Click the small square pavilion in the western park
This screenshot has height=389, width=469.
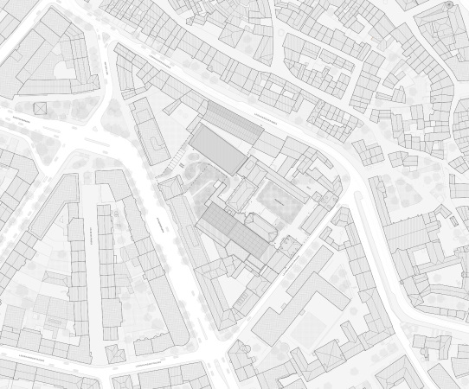point(39,107)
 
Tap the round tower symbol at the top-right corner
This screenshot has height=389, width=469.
point(450,5)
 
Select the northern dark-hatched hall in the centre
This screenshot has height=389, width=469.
point(219,146)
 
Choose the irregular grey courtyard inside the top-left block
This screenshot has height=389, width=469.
point(61,73)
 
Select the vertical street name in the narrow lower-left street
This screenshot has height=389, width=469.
point(92,233)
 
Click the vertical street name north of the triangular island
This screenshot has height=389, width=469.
point(104,65)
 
